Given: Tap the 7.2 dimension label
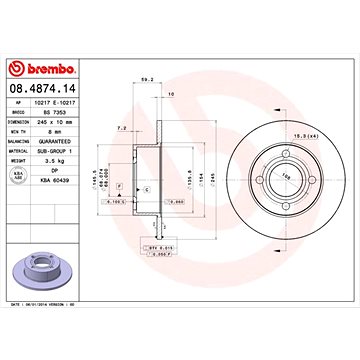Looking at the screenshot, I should (121, 129).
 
